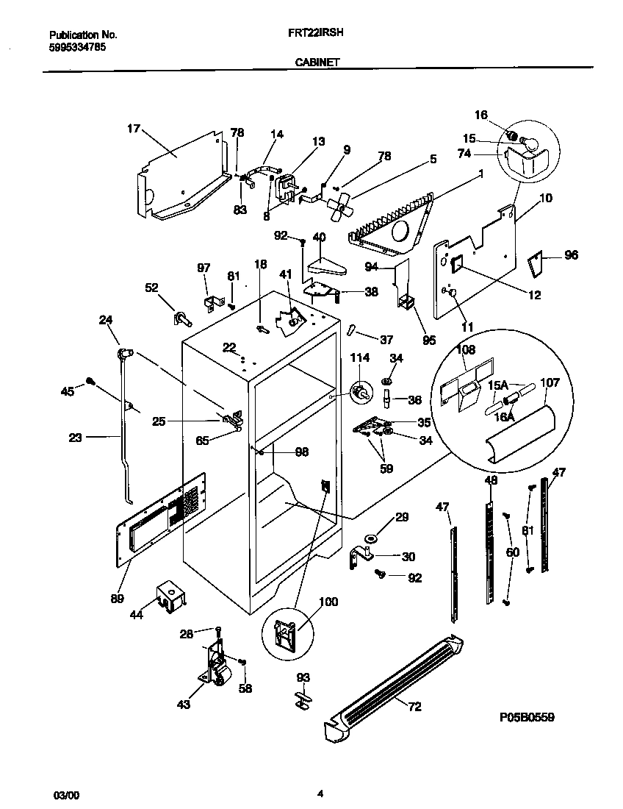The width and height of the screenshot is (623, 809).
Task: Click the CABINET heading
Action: click(317, 63)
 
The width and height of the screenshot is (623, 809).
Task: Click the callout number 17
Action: click(133, 129)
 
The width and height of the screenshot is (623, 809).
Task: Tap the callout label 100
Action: click(328, 602)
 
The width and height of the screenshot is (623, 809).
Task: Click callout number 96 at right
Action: click(571, 255)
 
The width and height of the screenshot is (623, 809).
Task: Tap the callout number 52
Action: click(152, 289)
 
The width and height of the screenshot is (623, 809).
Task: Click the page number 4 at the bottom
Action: click(320, 793)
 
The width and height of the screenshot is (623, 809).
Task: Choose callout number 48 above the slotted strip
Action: click(491, 480)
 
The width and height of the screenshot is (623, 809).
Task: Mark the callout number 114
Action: click(359, 357)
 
